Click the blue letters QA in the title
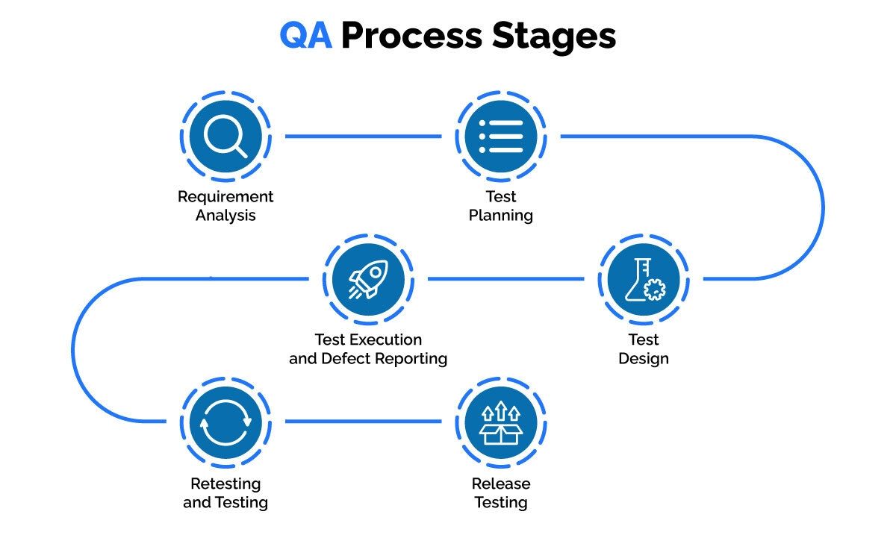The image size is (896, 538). [306, 36]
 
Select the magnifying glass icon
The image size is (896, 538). [225, 137]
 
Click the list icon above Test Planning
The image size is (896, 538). [501, 137]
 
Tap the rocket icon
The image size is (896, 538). [368, 279]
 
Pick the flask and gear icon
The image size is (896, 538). [643, 279]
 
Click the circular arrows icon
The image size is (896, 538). [225, 422]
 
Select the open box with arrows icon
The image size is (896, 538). [501, 422]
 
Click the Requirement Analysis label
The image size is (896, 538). [225, 206]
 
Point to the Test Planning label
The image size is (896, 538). [501, 206]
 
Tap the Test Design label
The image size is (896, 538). [643, 348]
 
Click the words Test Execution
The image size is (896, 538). [368, 340]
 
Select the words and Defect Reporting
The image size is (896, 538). [368, 359]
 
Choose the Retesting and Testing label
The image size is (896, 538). [225, 492]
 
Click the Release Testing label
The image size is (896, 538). [501, 492]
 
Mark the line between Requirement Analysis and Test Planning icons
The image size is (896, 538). [363, 137]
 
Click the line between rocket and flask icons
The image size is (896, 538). [505, 279]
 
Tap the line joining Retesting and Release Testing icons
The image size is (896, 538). [363, 422]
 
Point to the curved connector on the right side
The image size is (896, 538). [822, 207]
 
